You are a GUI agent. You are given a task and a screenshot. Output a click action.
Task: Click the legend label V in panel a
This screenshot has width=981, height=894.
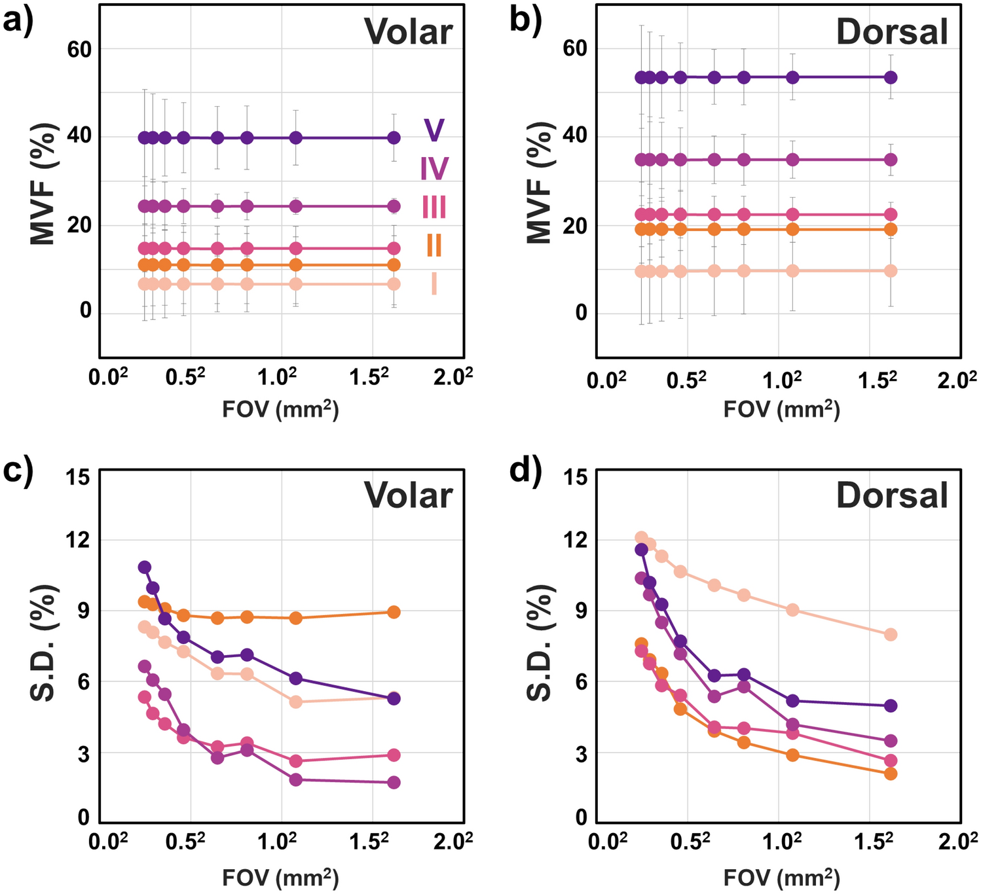click(x=434, y=130)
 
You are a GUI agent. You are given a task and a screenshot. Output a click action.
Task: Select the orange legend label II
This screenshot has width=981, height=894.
click(x=434, y=246)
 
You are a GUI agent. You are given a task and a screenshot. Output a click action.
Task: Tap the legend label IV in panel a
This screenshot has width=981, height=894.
click(x=434, y=169)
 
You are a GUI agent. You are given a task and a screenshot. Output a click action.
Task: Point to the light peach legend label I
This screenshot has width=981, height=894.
click(x=434, y=285)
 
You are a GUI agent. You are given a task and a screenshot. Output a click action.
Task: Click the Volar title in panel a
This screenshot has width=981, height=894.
click(x=408, y=31)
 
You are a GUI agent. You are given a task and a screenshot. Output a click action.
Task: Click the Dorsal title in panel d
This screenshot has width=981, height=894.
click(x=892, y=495)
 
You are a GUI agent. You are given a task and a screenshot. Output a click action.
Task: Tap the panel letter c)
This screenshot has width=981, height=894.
click(x=18, y=471)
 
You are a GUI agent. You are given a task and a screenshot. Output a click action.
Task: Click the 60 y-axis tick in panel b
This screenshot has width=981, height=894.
click(x=576, y=49)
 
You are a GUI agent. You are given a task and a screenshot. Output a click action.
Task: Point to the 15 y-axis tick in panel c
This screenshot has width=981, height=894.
click(x=78, y=477)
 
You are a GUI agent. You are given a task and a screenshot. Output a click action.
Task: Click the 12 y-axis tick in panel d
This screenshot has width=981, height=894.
click(x=575, y=541)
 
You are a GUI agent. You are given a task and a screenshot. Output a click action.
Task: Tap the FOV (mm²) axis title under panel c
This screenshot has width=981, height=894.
click(x=280, y=876)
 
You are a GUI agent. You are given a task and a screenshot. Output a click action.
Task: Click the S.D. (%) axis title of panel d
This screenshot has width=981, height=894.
click(x=540, y=643)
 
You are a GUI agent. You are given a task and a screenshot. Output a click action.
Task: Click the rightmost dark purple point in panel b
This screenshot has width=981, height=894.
click(x=891, y=77)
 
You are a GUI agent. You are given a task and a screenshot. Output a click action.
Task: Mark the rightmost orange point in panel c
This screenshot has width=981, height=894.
click(x=394, y=612)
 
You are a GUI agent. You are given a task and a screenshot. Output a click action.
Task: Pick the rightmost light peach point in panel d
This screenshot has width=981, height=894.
click(x=891, y=635)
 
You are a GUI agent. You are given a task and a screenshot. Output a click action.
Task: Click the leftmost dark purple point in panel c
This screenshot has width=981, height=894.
click(x=145, y=567)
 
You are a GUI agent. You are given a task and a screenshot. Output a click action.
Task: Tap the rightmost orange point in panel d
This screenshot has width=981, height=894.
click(x=891, y=774)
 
